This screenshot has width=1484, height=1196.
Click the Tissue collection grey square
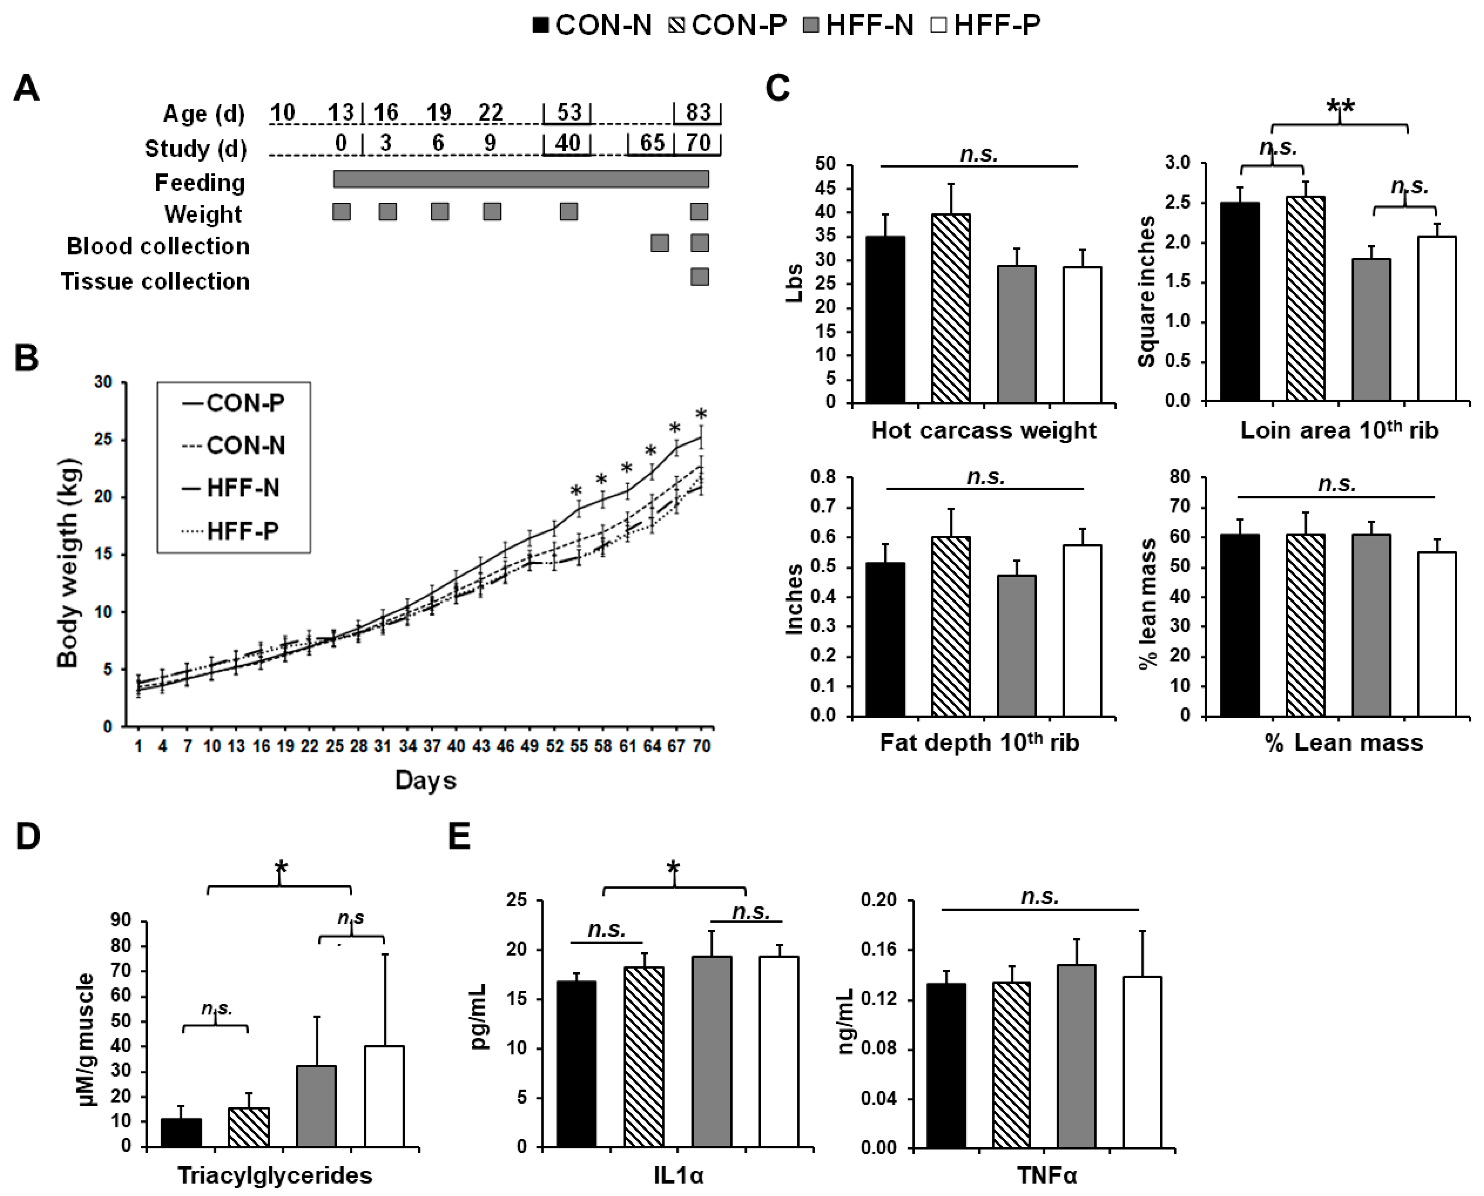click(699, 277)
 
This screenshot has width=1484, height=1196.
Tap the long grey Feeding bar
click(521, 179)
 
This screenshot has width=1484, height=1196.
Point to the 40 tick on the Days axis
click(456, 746)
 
